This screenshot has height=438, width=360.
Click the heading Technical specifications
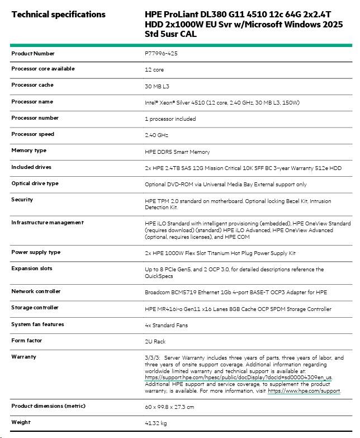pos(58,14)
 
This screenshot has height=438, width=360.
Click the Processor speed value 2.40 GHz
pos(156,135)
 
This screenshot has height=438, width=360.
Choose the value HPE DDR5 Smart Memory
pos(177,152)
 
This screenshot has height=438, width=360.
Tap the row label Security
pos(22,199)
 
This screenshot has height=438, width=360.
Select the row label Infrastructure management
pos(48,222)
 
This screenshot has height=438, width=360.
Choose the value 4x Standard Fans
pos(166,326)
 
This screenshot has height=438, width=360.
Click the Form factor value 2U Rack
pos(156,341)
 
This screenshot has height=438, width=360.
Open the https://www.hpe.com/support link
pos(304,392)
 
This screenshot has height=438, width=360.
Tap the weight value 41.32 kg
pos(155,423)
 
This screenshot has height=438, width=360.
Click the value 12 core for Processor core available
pos(154,70)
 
